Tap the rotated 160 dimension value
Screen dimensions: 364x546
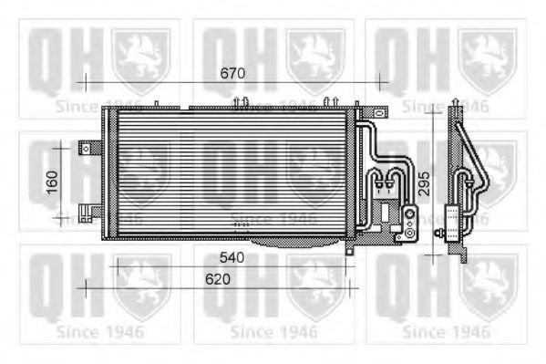(x=52, y=182)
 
